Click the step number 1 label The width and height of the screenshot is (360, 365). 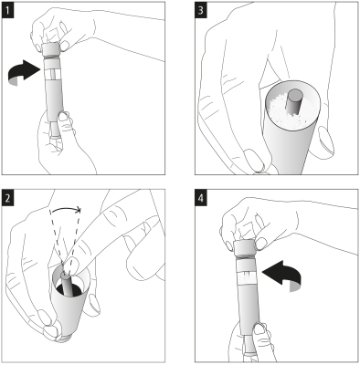click(8, 11)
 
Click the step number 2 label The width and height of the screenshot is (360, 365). click(8, 198)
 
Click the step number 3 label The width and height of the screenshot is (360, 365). click(201, 11)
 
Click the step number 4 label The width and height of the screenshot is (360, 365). click(201, 199)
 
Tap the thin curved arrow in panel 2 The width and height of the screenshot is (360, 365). click(66, 209)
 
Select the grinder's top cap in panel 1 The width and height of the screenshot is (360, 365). click(50, 48)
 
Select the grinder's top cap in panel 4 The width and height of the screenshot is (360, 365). click(244, 247)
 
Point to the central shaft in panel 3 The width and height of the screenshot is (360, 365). click(293, 102)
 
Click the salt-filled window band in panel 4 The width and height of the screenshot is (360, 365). click(247, 276)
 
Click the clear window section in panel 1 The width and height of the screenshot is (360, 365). click(53, 74)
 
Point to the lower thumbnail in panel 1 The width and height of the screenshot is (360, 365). click(64, 117)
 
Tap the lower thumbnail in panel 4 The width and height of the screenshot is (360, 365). click(259, 328)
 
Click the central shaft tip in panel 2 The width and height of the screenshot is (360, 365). click(65, 275)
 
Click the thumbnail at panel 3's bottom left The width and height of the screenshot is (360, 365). click(254, 159)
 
